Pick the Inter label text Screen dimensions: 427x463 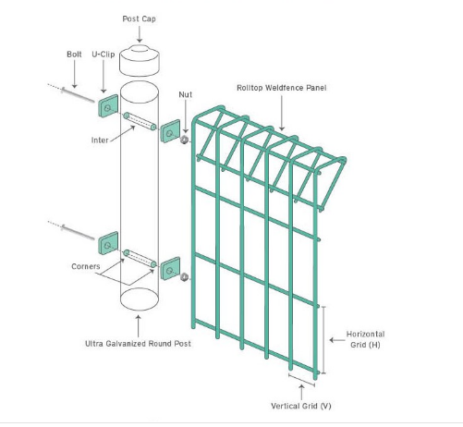(101, 140)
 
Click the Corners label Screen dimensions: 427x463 (85, 266)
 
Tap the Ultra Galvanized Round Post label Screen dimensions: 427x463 (139, 344)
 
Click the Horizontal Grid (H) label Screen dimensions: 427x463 (365, 338)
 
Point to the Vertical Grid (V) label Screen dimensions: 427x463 (302, 406)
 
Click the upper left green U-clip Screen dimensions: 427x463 (108, 108)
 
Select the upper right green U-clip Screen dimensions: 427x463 (170, 131)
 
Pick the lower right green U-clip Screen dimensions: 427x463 (170, 269)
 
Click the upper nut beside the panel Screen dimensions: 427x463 (184, 140)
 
